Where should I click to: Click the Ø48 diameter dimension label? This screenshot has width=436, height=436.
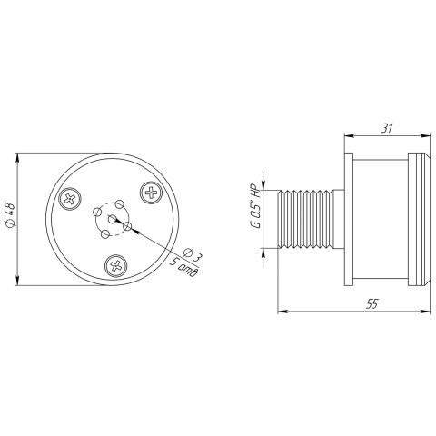coord(10,215)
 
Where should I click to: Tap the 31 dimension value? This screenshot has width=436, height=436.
coord(387,128)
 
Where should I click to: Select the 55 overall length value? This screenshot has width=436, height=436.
coord(372,303)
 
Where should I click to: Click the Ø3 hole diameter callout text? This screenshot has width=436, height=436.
coord(193,253)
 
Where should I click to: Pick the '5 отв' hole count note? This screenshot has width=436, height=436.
coord(183,267)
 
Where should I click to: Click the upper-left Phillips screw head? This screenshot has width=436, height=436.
coord(70,199)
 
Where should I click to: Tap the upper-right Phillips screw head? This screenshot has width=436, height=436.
coord(151,193)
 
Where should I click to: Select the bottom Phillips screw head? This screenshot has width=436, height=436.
coord(116,265)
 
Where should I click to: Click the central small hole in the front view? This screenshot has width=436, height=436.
coord(113,219)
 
